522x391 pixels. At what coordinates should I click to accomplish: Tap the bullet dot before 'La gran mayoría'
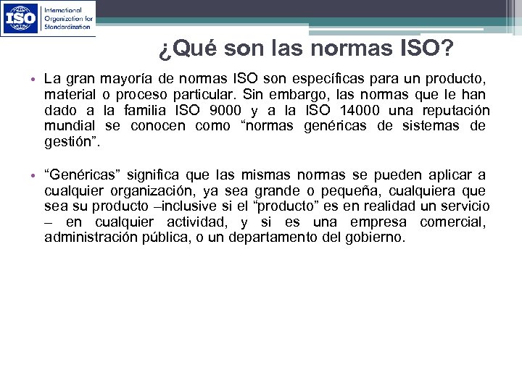click(35, 79)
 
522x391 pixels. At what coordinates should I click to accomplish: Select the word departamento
click(274, 237)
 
